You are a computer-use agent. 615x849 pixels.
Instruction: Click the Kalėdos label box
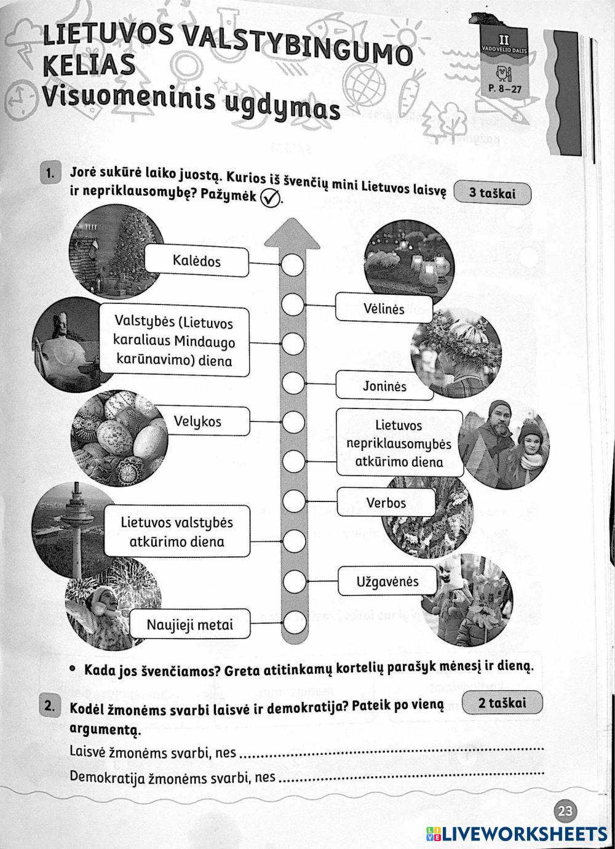(197, 261)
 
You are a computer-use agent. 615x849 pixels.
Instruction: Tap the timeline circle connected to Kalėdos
(293, 265)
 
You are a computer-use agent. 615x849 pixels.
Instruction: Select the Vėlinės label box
(384, 308)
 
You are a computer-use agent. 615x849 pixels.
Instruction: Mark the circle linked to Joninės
(293, 384)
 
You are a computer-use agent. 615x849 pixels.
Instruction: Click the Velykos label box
(197, 422)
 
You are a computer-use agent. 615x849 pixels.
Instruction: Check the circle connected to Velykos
(293, 423)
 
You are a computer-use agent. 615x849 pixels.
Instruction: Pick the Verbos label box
(386, 503)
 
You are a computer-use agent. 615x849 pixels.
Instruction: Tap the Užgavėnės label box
(387, 581)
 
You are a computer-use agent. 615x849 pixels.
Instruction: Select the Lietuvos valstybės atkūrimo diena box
(177, 532)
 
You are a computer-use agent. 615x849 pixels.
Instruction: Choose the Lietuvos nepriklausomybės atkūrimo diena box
(399, 443)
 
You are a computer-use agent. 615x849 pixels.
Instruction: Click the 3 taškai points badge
(492, 193)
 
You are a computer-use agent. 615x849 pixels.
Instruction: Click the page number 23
(564, 811)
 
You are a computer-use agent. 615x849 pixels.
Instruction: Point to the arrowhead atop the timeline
(293, 237)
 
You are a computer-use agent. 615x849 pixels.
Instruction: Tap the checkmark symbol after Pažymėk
(269, 198)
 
